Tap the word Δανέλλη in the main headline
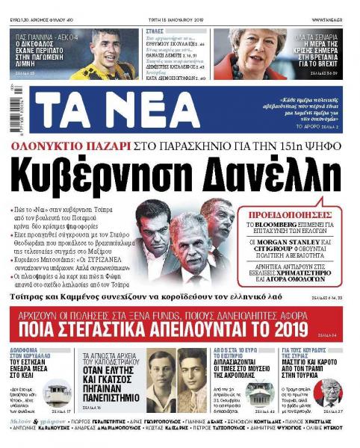coord(251,172)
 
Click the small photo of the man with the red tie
coord(329,391)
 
